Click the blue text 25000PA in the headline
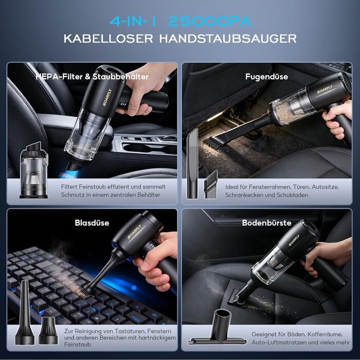pos(210,22)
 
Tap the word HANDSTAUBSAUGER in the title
pos(228,39)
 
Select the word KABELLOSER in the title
pos(108,39)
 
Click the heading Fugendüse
pos(266,77)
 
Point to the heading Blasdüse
pos(92,223)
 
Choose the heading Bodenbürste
pos(266,223)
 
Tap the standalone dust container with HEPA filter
pos(34,170)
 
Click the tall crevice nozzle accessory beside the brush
pos(192,164)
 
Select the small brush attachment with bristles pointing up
pos(210,185)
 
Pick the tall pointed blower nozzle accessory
pos(25,313)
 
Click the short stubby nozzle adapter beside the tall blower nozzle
pos(48,331)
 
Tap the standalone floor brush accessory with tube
pos(218,328)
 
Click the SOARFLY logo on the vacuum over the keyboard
pos(134,231)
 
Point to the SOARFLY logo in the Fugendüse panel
pos(325,89)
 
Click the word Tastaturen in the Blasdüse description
pos(130,331)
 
